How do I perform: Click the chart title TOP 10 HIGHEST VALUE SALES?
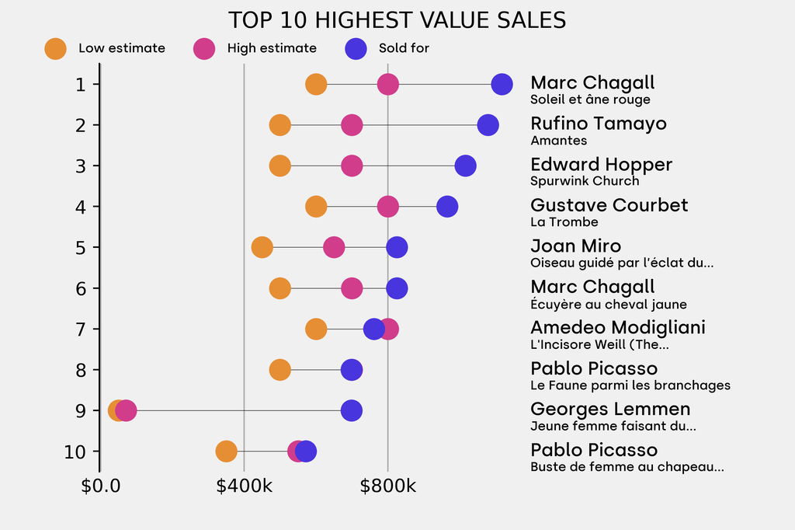397,20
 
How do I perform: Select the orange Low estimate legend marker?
55,48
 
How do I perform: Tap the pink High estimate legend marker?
204,48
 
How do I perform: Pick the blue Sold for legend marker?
356,48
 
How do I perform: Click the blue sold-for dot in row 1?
502,84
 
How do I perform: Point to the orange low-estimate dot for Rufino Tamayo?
279,125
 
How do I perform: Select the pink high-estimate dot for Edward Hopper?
352,166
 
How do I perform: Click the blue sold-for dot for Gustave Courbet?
447,207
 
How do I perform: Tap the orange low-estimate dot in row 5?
262,247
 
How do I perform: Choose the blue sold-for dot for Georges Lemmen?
352,410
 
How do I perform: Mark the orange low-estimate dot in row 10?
226,452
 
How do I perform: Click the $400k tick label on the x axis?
244,486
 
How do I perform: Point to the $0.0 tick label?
100,486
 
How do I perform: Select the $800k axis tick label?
387,486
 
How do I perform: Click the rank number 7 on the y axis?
81,329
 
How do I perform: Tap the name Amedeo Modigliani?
618,327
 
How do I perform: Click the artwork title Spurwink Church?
585,181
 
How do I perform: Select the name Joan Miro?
575,246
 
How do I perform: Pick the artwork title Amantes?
558,141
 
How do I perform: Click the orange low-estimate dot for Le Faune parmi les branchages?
279,370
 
